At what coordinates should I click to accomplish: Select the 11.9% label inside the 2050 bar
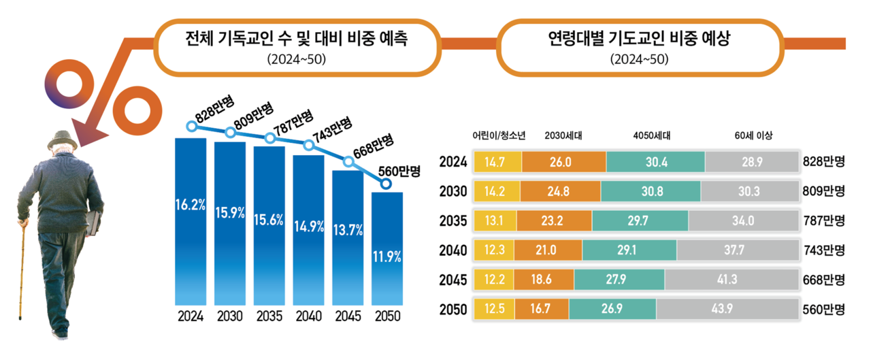(387, 257)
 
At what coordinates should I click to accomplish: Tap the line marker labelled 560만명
(387, 184)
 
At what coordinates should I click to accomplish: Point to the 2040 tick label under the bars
(309, 316)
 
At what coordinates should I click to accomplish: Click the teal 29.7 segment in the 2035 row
(640, 220)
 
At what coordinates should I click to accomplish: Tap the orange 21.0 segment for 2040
(548, 250)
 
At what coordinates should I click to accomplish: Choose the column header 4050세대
(651, 135)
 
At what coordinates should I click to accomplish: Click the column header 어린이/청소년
(499, 135)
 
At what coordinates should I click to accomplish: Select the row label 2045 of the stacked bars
(453, 280)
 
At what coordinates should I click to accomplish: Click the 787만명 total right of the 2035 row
(823, 220)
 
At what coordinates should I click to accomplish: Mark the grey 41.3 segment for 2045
(732, 280)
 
